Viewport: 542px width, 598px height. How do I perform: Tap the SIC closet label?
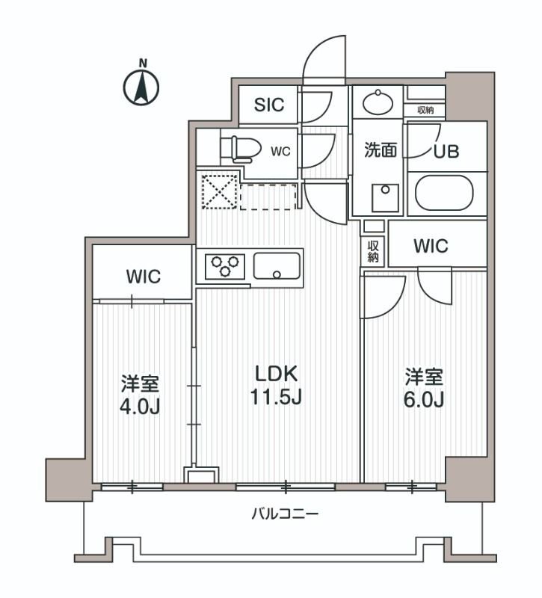[x=268, y=105]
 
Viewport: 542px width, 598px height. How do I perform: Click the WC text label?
[x=280, y=151]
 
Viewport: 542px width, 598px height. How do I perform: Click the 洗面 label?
[x=380, y=150]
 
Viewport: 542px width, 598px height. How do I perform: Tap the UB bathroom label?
[x=446, y=150]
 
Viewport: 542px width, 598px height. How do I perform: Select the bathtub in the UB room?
[x=446, y=194]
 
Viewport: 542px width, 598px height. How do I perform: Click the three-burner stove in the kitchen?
[x=226, y=265]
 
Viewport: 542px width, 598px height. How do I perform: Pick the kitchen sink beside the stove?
[x=277, y=265]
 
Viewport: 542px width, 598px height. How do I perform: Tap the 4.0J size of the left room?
[x=141, y=407]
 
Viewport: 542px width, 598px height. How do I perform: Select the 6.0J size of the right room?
[x=425, y=399]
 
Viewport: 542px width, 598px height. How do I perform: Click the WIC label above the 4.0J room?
[x=143, y=277]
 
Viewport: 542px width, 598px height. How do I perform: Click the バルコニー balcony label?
[x=285, y=514]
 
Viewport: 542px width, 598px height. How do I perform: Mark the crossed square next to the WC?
[x=218, y=192]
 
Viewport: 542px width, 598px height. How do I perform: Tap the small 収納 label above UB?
[x=425, y=110]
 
